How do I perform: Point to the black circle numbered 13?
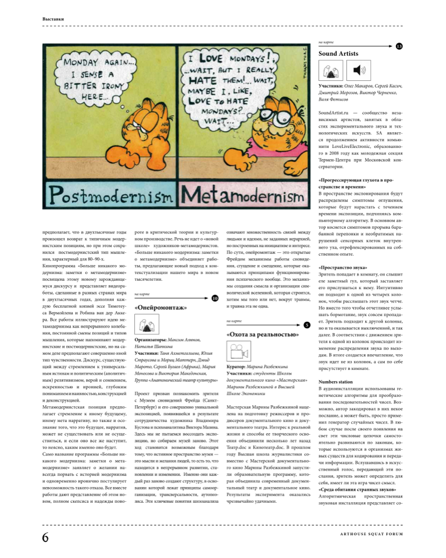[x=399, y=46]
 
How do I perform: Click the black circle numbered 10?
[x=216, y=299]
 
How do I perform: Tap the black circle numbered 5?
[x=307, y=325]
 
